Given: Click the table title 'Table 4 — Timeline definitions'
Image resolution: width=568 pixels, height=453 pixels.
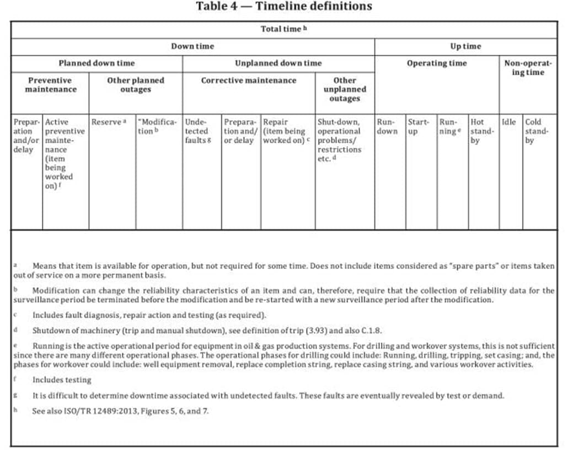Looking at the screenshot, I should [x=284, y=7].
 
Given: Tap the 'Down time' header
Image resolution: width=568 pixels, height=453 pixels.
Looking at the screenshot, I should [x=192, y=46].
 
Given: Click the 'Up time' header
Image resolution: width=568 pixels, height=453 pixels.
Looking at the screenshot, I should [x=465, y=46].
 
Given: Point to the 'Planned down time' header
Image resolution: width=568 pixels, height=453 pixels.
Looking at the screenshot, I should [x=97, y=63].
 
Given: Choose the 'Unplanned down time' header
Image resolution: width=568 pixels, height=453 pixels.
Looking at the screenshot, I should [x=278, y=63].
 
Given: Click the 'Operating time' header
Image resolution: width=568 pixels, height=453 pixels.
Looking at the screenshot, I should [x=437, y=63].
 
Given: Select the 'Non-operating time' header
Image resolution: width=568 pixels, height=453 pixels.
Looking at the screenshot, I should [x=528, y=67].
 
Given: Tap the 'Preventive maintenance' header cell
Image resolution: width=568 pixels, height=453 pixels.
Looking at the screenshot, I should [x=51, y=84].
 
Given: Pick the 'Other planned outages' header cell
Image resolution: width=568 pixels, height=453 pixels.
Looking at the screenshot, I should [x=136, y=84].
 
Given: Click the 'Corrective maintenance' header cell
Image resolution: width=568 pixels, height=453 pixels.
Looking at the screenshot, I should [x=248, y=80].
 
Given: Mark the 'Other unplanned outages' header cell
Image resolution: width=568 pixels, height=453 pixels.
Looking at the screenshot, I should [x=345, y=89].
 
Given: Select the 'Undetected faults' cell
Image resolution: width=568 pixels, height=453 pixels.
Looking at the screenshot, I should [x=197, y=131].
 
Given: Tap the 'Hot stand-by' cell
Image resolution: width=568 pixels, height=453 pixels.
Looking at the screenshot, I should [x=483, y=131].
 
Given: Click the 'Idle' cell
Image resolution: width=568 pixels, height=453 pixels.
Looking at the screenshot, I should [x=508, y=122].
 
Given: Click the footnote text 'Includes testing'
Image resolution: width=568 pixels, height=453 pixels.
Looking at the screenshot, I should [x=62, y=380].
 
